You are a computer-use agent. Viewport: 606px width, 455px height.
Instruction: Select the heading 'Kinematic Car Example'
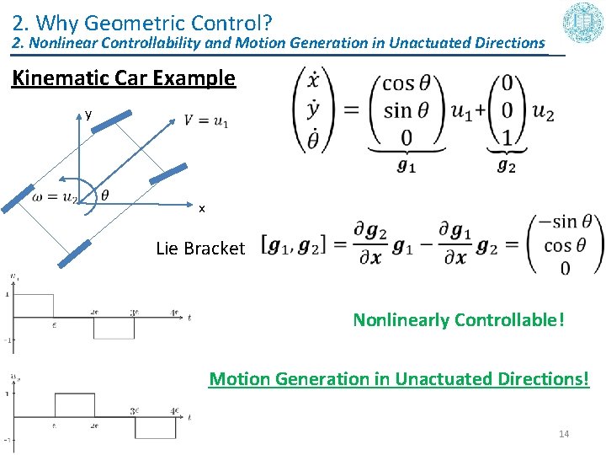(x=123, y=78)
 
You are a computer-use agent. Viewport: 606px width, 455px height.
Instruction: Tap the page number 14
(x=564, y=434)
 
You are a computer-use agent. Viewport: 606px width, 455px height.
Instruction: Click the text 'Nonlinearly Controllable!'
(x=459, y=320)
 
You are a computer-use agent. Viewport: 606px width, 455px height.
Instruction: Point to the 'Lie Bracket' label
(x=200, y=249)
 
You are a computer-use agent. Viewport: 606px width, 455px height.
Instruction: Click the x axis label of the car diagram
(x=201, y=208)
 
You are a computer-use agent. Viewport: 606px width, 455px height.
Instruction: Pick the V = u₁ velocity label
(x=206, y=122)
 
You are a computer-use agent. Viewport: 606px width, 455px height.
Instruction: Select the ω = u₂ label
(x=55, y=198)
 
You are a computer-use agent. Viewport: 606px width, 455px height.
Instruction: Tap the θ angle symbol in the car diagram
(x=104, y=195)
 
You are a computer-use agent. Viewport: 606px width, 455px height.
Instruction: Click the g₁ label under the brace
(x=407, y=166)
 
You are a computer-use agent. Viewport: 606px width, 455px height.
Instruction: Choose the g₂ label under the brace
(x=506, y=166)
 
